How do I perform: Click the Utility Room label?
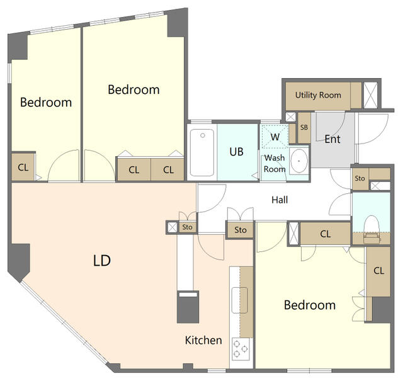[318, 95]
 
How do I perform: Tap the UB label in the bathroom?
[237, 152]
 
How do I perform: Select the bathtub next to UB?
[202, 152]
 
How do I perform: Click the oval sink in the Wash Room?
[299, 161]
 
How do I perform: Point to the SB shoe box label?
[304, 127]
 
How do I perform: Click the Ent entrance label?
[332, 139]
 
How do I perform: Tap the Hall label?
[280, 200]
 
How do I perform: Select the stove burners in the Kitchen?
[241, 349]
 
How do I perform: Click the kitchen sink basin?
[239, 300]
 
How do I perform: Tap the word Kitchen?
[203, 340]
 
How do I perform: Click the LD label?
[102, 261]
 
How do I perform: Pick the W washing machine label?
[275, 137]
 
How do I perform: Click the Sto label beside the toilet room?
[360, 178]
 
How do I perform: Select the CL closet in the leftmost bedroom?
[23, 168]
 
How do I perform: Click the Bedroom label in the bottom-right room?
[310, 305]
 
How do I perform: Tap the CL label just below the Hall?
[326, 234]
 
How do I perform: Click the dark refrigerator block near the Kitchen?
[188, 307]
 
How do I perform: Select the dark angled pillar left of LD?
[19, 261]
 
